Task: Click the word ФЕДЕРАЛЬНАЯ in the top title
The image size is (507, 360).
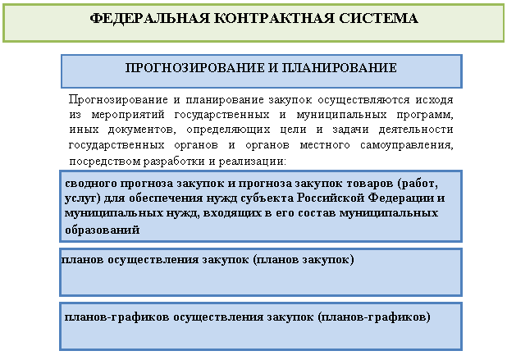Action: [x=149, y=18]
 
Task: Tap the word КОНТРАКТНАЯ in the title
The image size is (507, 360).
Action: [x=274, y=18]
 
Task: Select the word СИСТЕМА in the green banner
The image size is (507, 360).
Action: [x=379, y=18]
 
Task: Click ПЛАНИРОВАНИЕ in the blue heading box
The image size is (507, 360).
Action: [x=339, y=68]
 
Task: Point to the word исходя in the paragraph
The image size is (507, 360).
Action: [x=434, y=100]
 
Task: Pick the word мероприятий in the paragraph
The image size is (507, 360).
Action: [x=128, y=115]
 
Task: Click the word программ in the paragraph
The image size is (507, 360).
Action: [x=424, y=115]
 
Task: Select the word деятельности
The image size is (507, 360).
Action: [x=416, y=130]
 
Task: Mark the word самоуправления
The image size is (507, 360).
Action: [x=406, y=145]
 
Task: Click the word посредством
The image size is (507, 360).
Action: [x=105, y=161]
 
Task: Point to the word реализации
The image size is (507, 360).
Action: [x=253, y=161]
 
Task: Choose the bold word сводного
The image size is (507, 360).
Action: [x=90, y=184]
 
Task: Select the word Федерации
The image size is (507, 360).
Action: [x=401, y=198]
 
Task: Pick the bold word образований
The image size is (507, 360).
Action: [x=103, y=230]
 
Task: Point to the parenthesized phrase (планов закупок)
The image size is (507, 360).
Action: [x=304, y=259]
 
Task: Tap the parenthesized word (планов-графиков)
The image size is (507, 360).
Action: [x=374, y=317]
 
